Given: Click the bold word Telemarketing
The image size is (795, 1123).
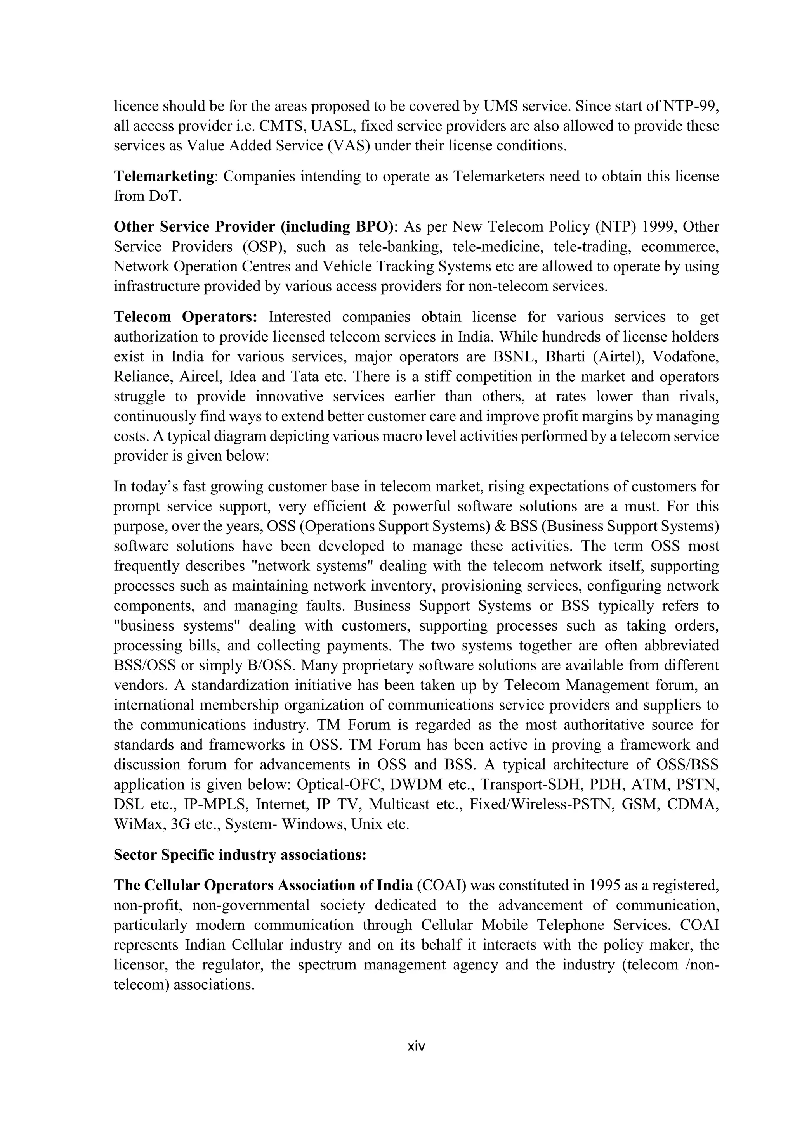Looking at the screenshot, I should [164, 176].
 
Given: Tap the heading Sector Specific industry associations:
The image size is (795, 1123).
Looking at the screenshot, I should [240, 855].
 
